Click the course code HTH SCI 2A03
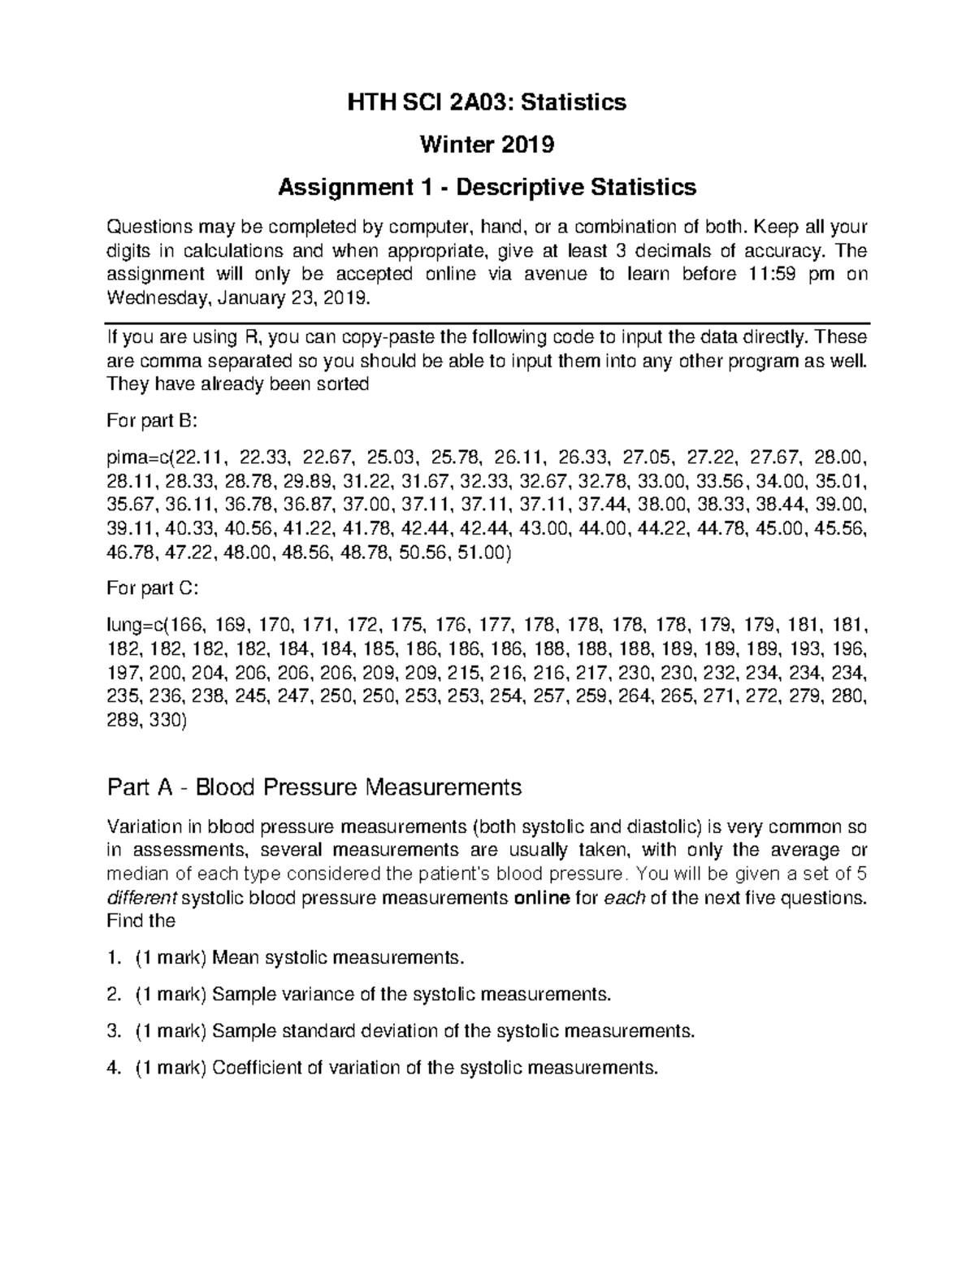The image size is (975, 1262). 431,102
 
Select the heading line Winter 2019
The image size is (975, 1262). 487,145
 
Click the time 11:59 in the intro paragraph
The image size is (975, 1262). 767,274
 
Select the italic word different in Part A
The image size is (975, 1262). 140,899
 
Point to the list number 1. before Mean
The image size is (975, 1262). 113,958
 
